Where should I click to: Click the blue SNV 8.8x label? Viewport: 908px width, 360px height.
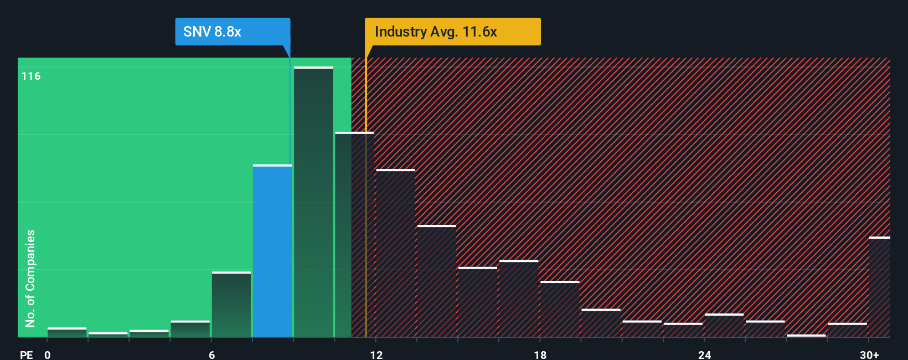(x=233, y=32)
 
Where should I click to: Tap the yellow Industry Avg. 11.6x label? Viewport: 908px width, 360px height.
(x=452, y=32)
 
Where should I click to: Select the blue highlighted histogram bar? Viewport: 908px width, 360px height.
(x=272, y=251)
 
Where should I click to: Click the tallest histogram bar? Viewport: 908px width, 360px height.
(x=313, y=202)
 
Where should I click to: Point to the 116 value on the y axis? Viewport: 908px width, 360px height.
(x=31, y=76)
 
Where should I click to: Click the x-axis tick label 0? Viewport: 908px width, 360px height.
(x=48, y=354)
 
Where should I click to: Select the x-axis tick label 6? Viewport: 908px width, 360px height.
(x=212, y=354)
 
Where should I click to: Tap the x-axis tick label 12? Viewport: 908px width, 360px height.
(x=376, y=354)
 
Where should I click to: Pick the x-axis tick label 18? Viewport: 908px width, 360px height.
(x=540, y=354)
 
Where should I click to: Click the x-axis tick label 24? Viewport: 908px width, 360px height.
(x=704, y=354)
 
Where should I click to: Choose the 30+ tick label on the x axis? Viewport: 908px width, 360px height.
(x=869, y=354)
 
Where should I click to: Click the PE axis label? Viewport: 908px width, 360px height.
(x=27, y=354)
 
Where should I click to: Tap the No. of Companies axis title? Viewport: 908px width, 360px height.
(x=30, y=278)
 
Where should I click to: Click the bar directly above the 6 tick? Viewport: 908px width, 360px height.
(x=231, y=305)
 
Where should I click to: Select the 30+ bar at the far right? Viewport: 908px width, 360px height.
(x=879, y=287)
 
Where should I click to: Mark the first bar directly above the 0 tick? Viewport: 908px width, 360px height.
(x=67, y=332)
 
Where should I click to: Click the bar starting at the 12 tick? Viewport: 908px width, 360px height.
(x=395, y=253)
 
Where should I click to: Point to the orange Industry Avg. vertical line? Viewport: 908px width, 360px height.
(x=365, y=222)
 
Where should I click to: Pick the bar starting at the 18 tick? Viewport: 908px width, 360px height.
(x=560, y=309)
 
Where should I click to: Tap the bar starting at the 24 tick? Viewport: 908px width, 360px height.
(x=724, y=326)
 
